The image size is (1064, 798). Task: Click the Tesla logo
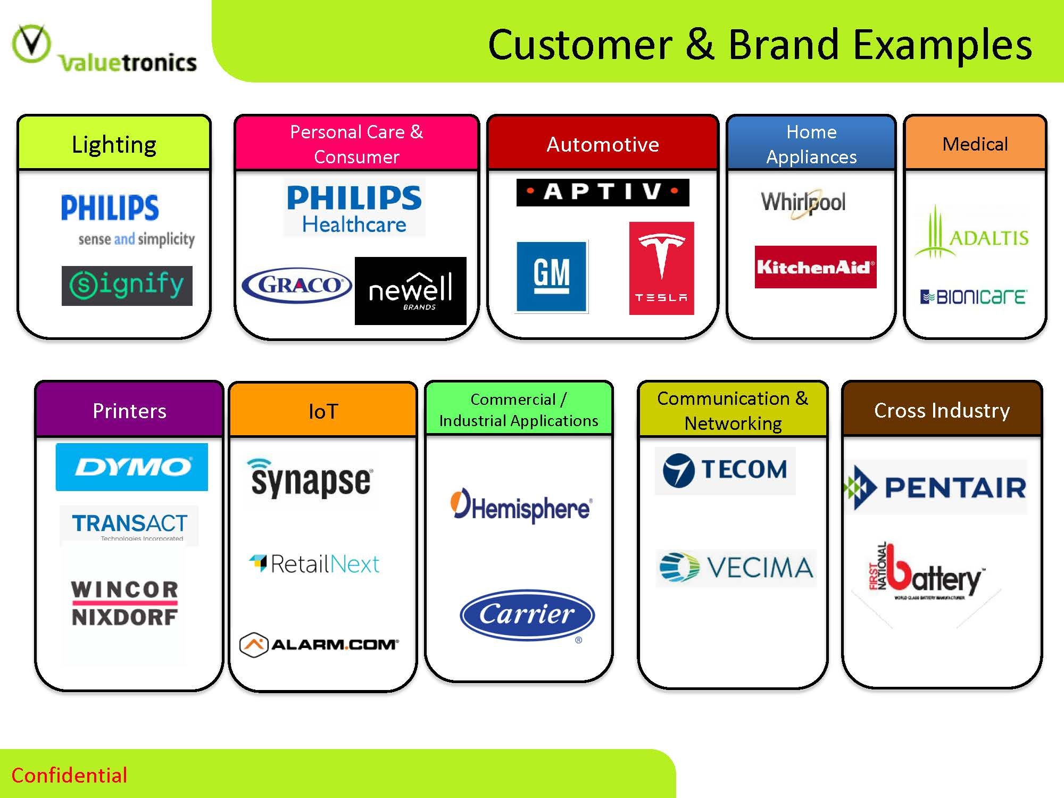click(x=661, y=268)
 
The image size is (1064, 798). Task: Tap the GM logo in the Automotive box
click(x=552, y=276)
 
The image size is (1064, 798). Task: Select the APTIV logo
click(x=603, y=192)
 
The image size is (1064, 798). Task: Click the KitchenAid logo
click(x=815, y=267)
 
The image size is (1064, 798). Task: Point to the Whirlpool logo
click(x=803, y=203)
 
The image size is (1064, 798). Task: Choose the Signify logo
click(x=127, y=286)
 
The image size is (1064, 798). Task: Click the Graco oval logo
click(x=297, y=285)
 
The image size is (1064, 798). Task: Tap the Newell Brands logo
click(x=410, y=291)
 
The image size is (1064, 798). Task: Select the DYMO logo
click(x=132, y=467)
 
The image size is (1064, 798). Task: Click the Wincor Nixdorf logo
click(x=124, y=603)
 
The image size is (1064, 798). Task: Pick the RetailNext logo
click(x=314, y=564)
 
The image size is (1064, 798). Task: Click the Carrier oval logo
click(x=527, y=614)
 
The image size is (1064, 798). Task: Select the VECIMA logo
click(x=736, y=568)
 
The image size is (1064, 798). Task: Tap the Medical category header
click(x=975, y=144)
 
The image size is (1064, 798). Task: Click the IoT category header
click(x=323, y=411)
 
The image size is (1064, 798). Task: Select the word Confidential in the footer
click(x=69, y=775)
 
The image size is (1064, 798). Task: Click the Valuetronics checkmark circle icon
click(x=31, y=43)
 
